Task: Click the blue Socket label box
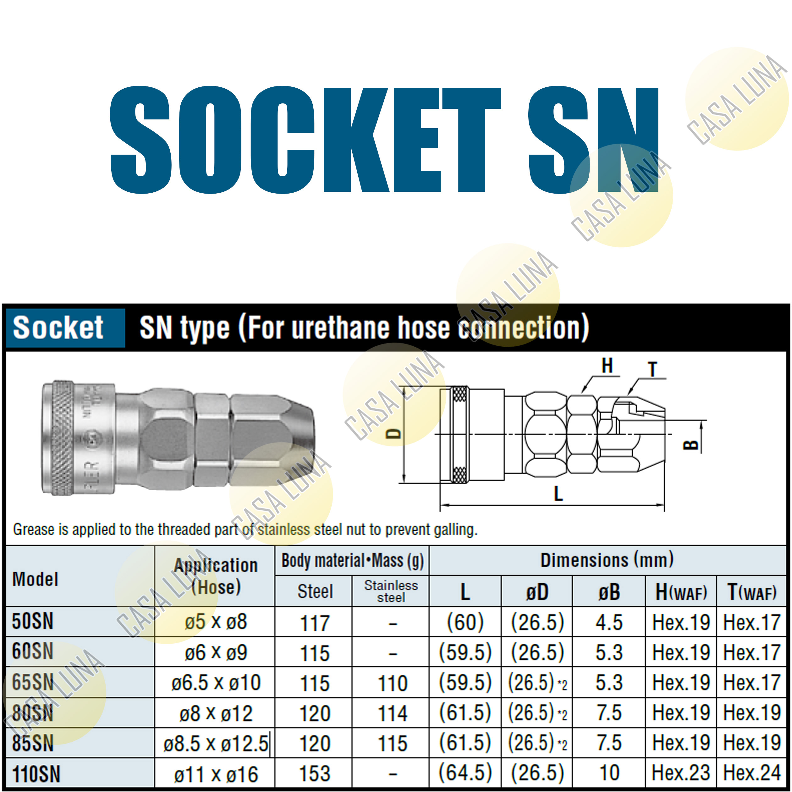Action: pyautogui.click(x=65, y=328)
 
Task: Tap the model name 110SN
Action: pyautogui.click(x=36, y=774)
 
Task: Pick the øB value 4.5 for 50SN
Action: pyautogui.click(x=609, y=622)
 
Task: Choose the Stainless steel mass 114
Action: pyautogui.click(x=392, y=714)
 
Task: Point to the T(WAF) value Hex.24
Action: pyautogui.click(x=751, y=773)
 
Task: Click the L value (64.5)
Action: pyautogui.click(x=465, y=773)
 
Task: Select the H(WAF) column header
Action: pyautogui.click(x=681, y=592)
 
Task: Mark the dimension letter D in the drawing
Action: pyautogui.click(x=394, y=434)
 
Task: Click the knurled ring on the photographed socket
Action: pyautogui.click(x=62, y=437)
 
